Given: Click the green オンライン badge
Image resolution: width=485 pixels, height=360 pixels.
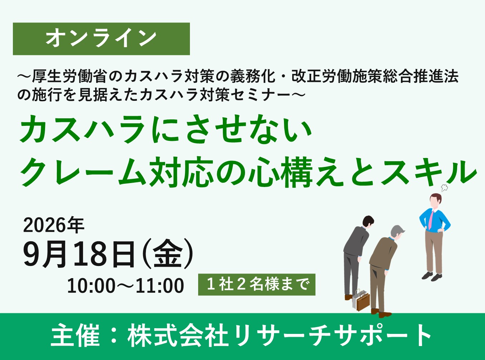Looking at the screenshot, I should point(101,39).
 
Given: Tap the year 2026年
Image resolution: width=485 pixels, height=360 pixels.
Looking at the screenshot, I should point(54,225).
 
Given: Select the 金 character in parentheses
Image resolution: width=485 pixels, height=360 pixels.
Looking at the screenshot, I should point(168,254).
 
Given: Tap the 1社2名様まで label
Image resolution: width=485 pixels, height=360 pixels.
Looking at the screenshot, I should point(257,285).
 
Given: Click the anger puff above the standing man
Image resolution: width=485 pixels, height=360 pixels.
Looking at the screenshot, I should point(444,188).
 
